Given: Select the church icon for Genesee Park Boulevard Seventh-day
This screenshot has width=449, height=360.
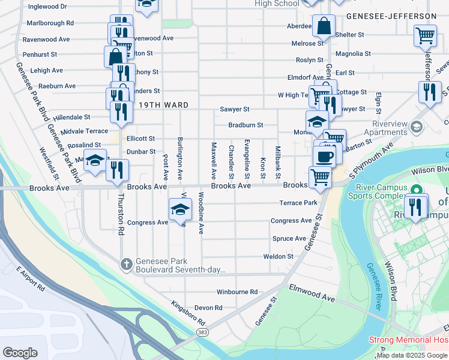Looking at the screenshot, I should pos(126,263).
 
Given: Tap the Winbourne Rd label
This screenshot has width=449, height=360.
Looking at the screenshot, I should pos(237,292).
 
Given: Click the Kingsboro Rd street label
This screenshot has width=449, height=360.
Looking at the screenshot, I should pos(188,313).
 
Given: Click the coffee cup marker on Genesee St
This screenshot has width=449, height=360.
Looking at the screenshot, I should pos(324,156).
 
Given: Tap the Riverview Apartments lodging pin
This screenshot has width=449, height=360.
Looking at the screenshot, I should pos(417,127).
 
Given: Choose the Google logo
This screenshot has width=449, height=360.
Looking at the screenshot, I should pos(20,352).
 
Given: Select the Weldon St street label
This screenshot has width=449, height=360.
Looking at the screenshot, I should pos(279,256).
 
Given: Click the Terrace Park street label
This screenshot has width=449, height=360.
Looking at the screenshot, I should pos(298,203).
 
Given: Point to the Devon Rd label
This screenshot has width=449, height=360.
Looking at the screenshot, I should pos(209,308).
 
